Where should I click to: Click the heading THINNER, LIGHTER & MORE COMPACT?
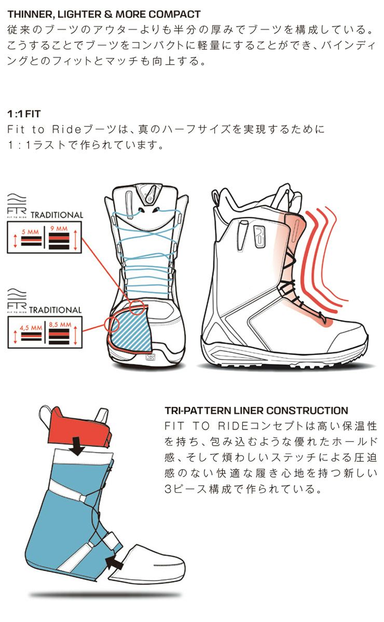point(104,14)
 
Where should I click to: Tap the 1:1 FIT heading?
point(24,113)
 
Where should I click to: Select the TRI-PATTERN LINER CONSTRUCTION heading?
point(256,411)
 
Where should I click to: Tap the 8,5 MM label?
point(60,326)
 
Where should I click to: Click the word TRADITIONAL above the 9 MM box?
point(57,215)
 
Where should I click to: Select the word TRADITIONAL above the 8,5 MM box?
point(55,310)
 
